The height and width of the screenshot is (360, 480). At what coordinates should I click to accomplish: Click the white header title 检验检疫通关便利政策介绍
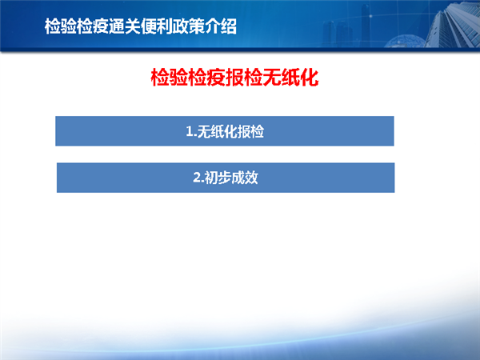tap(141, 26)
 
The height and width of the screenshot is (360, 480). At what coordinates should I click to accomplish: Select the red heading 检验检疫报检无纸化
tap(234, 78)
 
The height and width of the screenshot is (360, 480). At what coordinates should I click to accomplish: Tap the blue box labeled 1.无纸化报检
tap(225, 131)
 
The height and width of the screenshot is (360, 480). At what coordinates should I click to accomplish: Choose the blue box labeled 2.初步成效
tap(226, 178)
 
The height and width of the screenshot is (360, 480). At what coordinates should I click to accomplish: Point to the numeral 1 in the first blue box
tap(190, 132)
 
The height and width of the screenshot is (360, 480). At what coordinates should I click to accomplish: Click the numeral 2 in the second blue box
tap(197, 178)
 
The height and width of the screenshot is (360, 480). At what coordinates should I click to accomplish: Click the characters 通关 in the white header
tap(125, 26)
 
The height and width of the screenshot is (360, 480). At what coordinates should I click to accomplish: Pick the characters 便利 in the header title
tap(157, 26)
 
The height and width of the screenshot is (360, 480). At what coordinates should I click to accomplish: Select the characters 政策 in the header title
tap(188, 26)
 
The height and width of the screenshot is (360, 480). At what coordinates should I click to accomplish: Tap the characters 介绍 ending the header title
tap(221, 26)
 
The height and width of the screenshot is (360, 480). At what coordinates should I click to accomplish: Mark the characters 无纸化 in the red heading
tap(290, 78)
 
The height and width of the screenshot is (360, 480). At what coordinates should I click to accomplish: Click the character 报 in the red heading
tap(234, 78)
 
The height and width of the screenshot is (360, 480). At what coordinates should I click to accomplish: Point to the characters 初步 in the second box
tap(218, 178)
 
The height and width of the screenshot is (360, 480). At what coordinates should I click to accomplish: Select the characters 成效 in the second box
tap(245, 178)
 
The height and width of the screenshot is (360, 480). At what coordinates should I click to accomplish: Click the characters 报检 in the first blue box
tap(250, 132)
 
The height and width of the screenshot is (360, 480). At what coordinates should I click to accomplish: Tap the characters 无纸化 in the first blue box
tap(218, 132)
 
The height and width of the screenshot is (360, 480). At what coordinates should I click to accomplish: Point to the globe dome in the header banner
tap(404, 42)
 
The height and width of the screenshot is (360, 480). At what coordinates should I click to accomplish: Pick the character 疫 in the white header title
tap(101, 26)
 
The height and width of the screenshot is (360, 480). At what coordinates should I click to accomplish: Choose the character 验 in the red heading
tap(178, 78)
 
